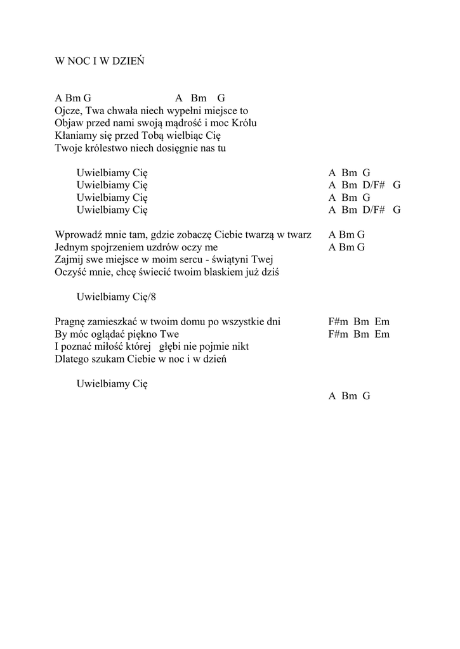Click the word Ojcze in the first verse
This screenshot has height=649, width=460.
tap(68, 111)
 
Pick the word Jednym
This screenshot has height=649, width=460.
tap(71, 247)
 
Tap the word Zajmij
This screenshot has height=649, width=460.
tap(69, 260)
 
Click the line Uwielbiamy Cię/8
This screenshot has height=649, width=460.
tap(116, 297)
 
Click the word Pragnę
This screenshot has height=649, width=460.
tap(70, 321)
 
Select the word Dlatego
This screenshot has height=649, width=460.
tap(72, 359)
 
